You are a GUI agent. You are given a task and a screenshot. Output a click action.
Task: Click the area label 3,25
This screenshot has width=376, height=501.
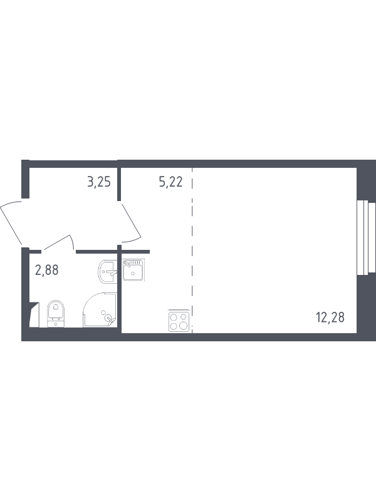98,183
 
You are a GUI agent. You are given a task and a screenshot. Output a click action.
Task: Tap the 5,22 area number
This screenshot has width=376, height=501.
170,183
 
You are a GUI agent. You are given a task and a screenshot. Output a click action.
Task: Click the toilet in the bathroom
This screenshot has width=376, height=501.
56,313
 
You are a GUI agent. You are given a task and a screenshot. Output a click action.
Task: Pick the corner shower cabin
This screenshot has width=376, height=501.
100,311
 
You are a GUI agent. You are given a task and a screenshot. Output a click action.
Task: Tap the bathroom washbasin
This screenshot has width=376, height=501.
108,272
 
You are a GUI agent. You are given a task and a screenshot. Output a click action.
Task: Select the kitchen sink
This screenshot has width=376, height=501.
134,272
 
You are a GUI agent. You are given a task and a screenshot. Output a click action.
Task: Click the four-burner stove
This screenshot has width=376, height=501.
179,321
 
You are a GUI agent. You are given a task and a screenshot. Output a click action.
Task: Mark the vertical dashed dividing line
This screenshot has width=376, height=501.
192,250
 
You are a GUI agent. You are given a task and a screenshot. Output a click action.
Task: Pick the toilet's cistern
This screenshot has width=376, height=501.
56,322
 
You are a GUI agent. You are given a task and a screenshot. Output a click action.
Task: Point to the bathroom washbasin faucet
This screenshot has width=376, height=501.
112,273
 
